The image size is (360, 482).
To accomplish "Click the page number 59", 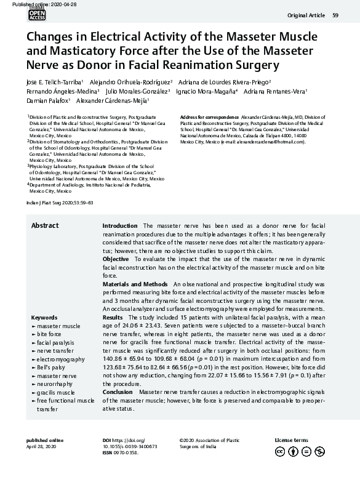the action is (335, 15).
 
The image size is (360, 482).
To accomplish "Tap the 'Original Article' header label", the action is (306, 15).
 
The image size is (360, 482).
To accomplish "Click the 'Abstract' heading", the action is (45, 226).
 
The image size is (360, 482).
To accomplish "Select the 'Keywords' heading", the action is (44, 318).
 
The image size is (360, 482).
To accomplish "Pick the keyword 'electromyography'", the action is (61, 359).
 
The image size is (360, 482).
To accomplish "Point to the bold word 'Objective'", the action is (116, 260).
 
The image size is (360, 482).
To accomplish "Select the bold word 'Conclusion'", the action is (117, 392).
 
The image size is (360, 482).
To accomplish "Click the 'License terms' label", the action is (291, 440).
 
